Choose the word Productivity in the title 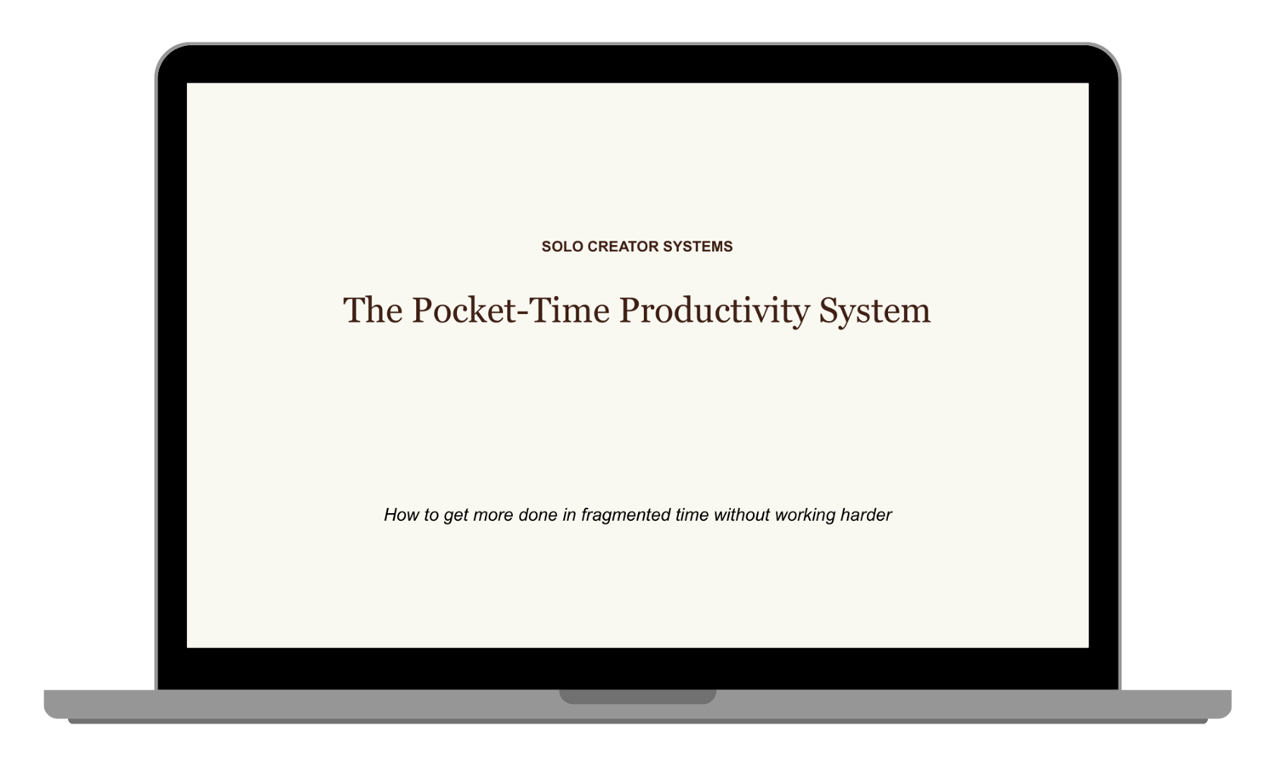pos(715,312)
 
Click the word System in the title pos(875,312)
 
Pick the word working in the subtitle pos(806,516)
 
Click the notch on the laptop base pos(637,696)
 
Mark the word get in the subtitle pos(456,517)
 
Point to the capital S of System pos(829,311)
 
